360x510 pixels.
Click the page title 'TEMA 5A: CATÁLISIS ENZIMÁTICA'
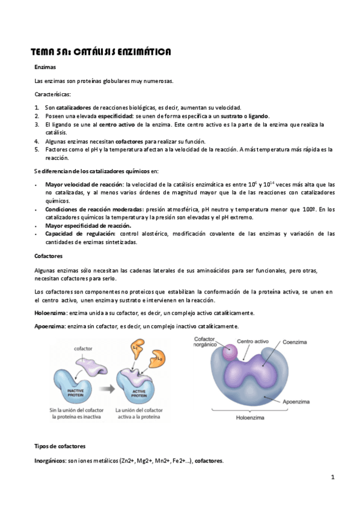101,52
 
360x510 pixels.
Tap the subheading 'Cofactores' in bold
48,256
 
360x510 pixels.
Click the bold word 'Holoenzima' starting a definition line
50,313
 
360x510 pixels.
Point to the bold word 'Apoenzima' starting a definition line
50,326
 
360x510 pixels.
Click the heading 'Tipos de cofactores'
59,446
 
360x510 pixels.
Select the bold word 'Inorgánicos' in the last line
50,461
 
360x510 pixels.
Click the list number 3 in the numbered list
37,124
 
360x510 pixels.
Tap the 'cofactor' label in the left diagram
82,348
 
